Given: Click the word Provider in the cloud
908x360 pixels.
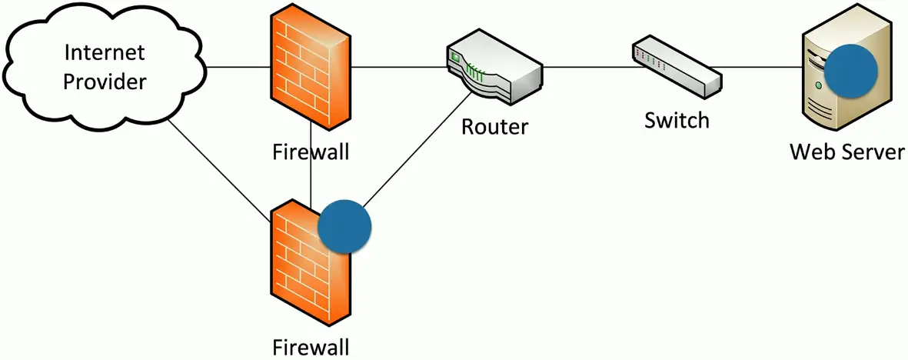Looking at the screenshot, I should (105, 80).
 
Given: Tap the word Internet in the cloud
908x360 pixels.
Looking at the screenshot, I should (105, 52).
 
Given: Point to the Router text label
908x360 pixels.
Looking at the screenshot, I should (494, 126).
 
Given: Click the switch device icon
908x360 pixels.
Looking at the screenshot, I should (677, 67).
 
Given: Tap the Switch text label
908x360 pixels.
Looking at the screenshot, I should (677, 120).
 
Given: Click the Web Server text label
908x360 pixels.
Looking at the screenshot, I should (847, 152).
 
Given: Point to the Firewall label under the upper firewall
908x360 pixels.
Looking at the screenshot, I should (311, 151).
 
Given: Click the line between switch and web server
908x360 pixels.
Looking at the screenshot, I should (761, 67).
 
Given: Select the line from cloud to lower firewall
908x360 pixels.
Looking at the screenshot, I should (219, 165).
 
